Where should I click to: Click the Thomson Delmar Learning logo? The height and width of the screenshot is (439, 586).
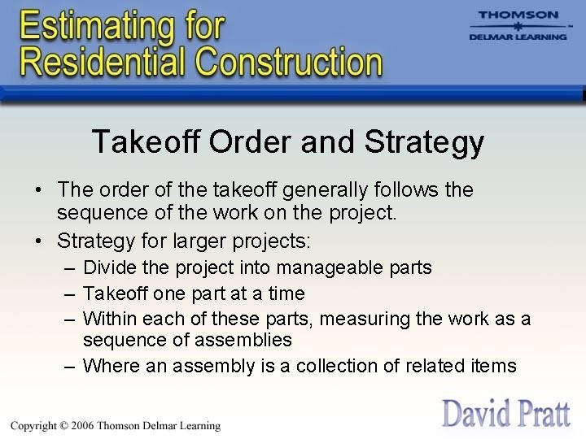518,26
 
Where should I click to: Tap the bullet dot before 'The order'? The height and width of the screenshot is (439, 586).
38,190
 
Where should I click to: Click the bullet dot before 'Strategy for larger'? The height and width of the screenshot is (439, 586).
38,241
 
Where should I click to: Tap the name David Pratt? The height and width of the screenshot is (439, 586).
505,412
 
